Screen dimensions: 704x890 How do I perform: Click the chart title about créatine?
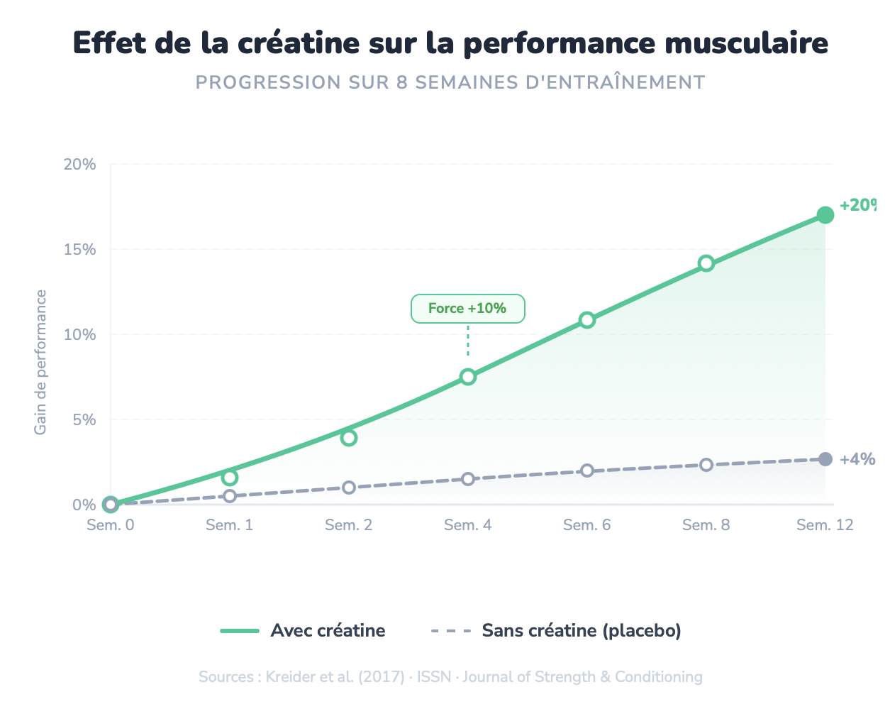coord(450,43)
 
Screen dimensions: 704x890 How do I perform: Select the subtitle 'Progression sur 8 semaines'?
coord(450,82)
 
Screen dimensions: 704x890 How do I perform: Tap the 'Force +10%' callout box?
coord(467,309)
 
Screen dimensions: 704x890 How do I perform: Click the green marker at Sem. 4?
coord(467,377)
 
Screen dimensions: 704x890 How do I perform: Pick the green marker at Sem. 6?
coord(586,320)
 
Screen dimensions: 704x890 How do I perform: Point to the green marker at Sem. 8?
coord(706,263)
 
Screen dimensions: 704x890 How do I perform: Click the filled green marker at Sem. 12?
coord(825,215)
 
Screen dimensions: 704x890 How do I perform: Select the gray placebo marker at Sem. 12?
coord(825,459)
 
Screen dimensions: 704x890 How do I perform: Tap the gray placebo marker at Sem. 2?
coord(348,488)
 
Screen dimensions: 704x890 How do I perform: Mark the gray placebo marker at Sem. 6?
coord(586,471)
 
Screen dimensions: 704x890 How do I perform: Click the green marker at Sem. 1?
coord(229,478)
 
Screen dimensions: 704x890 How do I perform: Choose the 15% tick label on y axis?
coord(79,250)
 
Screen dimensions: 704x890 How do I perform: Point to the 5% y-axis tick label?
coord(83,420)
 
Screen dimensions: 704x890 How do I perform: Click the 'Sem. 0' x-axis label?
coord(110,525)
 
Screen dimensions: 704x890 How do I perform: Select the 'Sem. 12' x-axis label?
coord(825,525)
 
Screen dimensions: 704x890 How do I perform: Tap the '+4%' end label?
coord(857,459)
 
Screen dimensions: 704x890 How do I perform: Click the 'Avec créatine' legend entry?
coord(304,631)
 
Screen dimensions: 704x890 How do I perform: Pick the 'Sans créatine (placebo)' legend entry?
coord(556,631)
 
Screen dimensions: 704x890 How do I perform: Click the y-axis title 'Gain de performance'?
coord(40,362)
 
